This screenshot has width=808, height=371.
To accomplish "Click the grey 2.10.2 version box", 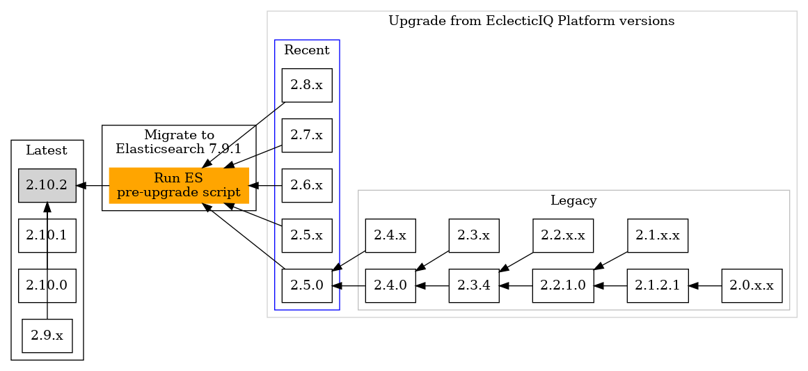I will [47, 186].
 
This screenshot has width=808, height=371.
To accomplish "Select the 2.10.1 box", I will [47, 235].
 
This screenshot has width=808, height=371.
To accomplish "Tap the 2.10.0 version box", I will [47, 285].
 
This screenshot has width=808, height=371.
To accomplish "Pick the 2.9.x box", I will [47, 336].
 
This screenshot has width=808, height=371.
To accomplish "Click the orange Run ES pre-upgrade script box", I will [179, 186].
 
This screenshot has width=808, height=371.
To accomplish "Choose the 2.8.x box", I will [307, 86].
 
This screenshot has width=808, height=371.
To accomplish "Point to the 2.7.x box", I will [307, 136].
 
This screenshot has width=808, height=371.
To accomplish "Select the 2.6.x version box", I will [307, 186].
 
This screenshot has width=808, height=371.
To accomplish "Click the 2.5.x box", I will [307, 235].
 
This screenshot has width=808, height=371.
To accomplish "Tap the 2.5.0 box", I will [307, 285].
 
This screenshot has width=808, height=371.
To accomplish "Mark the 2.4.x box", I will [390, 235].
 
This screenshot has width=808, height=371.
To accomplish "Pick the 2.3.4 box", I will [474, 285].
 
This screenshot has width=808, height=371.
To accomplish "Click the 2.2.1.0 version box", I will [563, 285].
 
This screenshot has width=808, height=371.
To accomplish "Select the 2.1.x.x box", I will [658, 235].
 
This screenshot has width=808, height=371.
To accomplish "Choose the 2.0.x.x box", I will [752, 285].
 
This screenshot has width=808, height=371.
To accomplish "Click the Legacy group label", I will [573, 201].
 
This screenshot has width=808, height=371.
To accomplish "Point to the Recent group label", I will [307, 50].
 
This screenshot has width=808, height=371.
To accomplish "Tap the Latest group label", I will [47, 150].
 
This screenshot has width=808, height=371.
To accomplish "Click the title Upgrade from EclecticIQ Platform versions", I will [531, 21].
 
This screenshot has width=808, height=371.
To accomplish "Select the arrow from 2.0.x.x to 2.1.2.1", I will [705, 285].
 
